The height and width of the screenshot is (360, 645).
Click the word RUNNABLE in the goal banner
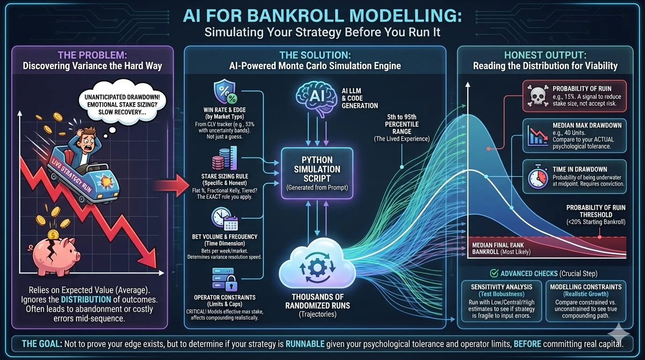click(x=306, y=344)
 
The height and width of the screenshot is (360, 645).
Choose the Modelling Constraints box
click(x=585, y=301)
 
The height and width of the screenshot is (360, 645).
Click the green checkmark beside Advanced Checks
click(x=494, y=273)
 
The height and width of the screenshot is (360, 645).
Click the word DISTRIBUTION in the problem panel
click(x=86, y=299)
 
